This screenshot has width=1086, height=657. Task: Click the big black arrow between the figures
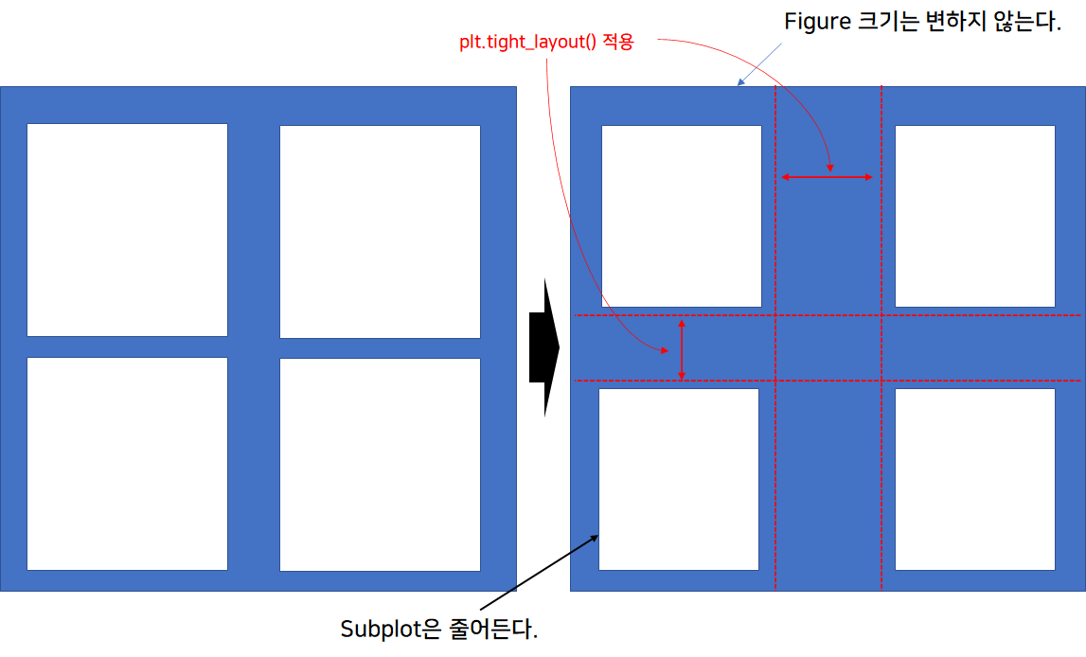[x=544, y=347]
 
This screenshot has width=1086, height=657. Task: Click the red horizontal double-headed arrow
[x=827, y=177]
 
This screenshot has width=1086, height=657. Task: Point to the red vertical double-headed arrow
[x=682, y=350]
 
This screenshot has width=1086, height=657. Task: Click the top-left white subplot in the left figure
[x=127, y=229]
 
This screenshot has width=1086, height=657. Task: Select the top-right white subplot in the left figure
[x=380, y=231]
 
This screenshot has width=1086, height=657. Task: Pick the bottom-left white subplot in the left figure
[x=127, y=464]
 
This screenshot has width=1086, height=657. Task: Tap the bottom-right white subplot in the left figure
[x=380, y=465]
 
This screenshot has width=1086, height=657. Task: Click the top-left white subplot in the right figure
[x=682, y=216]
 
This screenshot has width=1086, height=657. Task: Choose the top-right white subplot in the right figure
[x=974, y=216]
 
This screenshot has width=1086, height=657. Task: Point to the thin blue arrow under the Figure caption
[x=757, y=64]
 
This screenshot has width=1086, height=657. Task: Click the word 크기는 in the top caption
[x=890, y=23]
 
